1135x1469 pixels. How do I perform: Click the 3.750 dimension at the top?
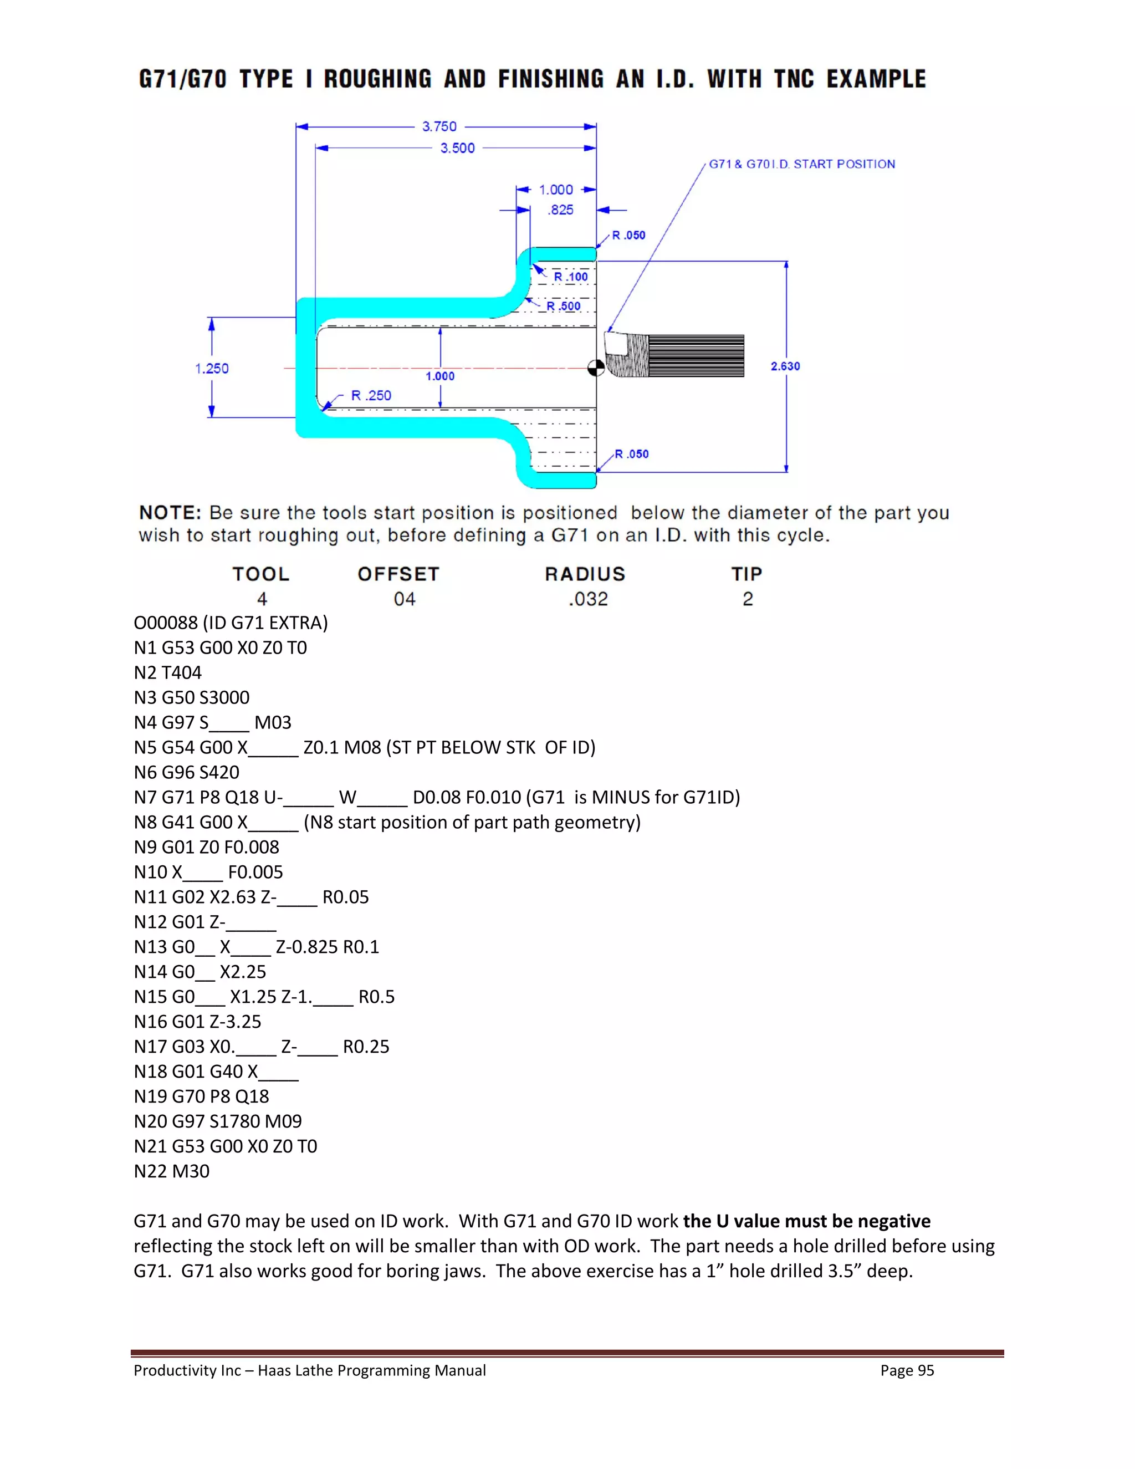pyautogui.click(x=439, y=126)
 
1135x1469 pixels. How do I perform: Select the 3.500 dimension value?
pyautogui.click(x=457, y=148)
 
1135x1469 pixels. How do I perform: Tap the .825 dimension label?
pyautogui.click(x=560, y=210)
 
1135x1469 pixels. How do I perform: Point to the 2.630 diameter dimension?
pyautogui.click(x=785, y=366)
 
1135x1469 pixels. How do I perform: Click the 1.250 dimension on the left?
pyautogui.click(x=212, y=369)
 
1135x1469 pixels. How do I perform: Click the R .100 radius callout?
pyautogui.click(x=570, y=277)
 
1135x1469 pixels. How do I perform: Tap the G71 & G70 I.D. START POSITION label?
pyautogui.click(x=801, y=164)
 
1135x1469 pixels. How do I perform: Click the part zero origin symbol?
pyautogui.click(x=596, y=368)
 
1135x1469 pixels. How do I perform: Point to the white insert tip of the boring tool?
pyautogui.click(x=615, y=344)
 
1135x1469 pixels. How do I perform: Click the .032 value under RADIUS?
pyautogui.click(x=587, y=599)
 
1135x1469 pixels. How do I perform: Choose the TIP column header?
pyautogui.click(x=747, y=574)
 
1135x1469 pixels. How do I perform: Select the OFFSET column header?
pyautogui.click(x=398, y=574)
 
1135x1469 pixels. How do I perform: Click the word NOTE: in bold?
pyautogui.click(x=170, y=513)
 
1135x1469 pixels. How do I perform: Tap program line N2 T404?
pyautogui.click(x=167, y=672)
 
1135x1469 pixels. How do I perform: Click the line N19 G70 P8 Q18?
pyautogui.click(x=201, y=1096)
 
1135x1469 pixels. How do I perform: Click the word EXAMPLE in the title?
pyautogui.click(x=876, y=79)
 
